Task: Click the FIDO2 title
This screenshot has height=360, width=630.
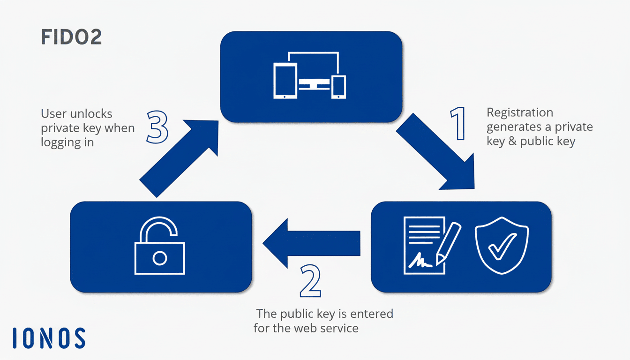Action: pos(71,37)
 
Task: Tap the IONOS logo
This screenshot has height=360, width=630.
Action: pos(49,338)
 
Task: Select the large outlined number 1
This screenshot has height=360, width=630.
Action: pos(458,123)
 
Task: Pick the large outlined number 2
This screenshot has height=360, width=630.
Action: pos(310,281)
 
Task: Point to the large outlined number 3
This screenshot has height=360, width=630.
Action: pos(157,127)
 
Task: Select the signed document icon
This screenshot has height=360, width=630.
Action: pos(423,245)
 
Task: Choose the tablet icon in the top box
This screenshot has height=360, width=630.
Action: pos(285,82)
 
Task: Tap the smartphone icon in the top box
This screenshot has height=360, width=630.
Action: pos(338,87)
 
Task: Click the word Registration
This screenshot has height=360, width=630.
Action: pos(520,112)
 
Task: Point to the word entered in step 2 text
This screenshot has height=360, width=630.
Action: pos(370,313)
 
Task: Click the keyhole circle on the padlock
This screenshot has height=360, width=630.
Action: pos(160,257)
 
